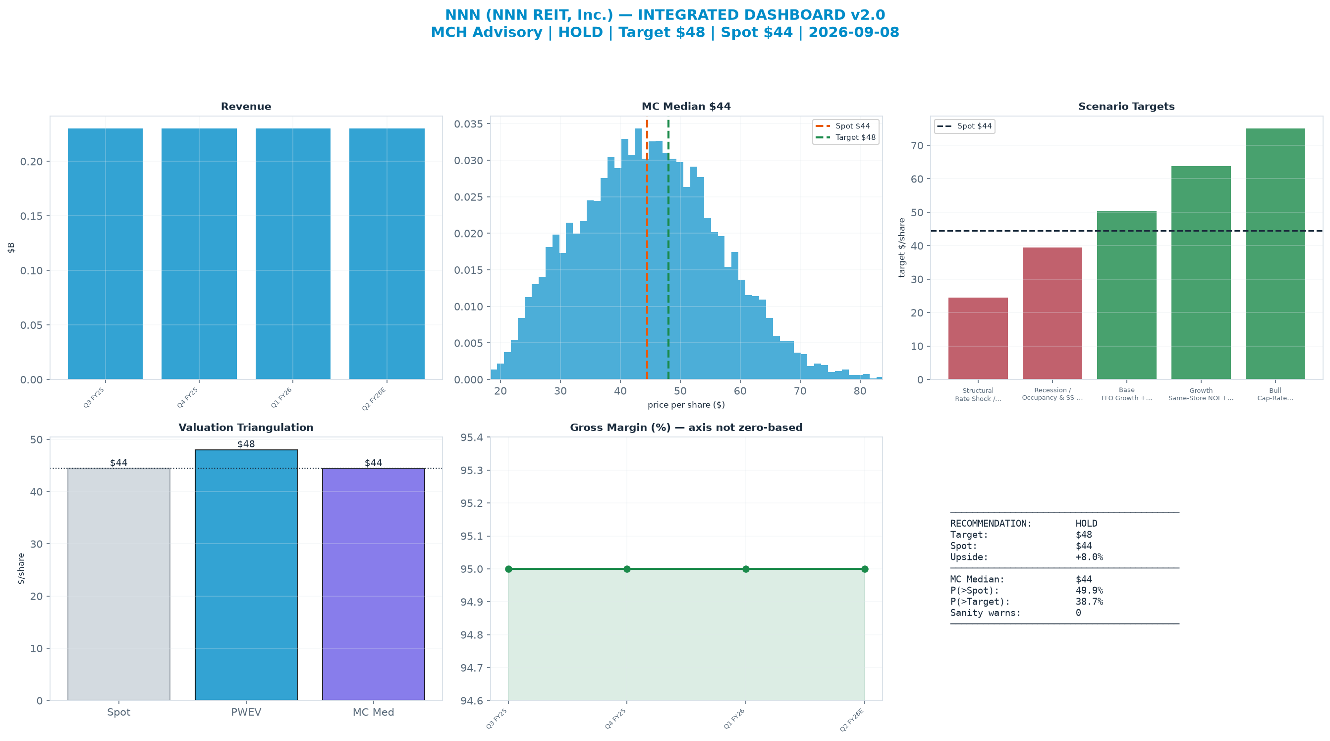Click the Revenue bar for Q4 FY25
(199, 254)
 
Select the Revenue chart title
(246, 107)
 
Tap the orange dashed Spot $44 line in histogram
(647, 249)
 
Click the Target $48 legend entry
(846, 137)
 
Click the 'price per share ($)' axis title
(686, 405)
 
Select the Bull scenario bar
(1275, 254)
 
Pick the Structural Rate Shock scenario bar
(978, 338)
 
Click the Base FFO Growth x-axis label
(1126, 394)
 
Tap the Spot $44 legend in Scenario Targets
(964, 126)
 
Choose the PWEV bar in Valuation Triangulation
(246, 575)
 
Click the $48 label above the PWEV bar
(246, 444)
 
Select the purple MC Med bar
(373, 584)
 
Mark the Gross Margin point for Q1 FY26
(746, 569)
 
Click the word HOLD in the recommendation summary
(1086, 523)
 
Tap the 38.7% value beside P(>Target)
(1089, 602)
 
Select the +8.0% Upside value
(1089, 557)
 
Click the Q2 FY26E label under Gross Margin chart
(852, 719)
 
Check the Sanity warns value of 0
(1078, 613)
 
